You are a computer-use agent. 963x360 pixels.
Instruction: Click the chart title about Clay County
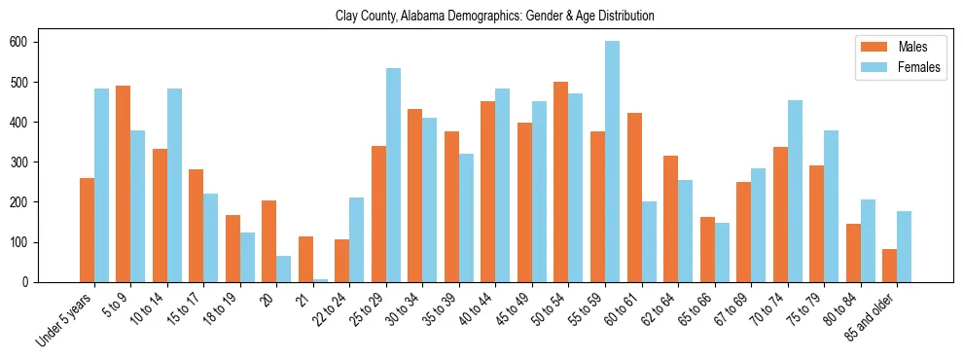[x=494, y=16]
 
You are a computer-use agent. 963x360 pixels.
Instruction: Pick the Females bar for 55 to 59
[x=612, y=162]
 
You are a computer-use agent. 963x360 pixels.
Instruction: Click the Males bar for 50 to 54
[x=561, y=182]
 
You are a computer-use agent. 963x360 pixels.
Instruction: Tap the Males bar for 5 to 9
[x=124, y=184]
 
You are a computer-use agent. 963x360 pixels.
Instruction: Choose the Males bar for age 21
[x=305, y=259]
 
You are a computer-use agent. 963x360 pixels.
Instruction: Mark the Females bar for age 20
[x=284, y=269]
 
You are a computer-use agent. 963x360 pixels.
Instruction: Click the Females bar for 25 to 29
[x=393, y=175]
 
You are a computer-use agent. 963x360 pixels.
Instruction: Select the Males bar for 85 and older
[x=890, y=266]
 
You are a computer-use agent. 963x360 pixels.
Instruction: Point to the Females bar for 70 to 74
[x=795, y=191]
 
